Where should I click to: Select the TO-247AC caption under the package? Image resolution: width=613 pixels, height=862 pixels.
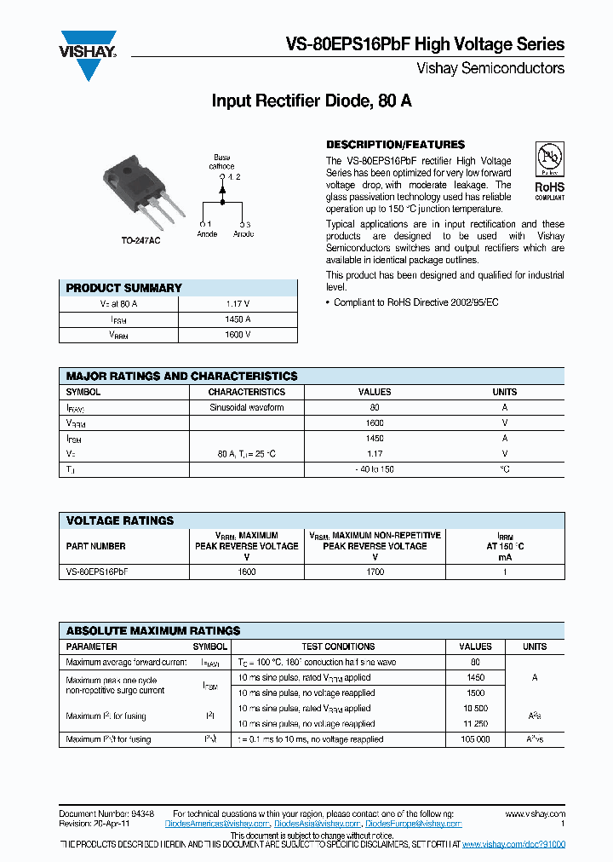[x=140, y=242]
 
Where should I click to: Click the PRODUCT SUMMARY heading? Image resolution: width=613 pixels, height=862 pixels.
[x=124, y=288]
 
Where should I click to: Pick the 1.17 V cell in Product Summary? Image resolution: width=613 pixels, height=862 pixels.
[x=238, y=303]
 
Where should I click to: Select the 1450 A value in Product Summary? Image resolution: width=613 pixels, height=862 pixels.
[x=238, y=319]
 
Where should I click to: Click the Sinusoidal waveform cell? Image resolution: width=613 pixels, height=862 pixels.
[x=247, y=408]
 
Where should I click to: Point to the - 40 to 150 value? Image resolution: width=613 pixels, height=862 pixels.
[x=375, y=469]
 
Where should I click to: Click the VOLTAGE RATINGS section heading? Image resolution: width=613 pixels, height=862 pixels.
[x=120, y=520]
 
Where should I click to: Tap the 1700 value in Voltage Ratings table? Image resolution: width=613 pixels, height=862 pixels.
[x=375, y=572]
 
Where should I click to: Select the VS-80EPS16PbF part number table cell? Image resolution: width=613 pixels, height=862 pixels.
[x=97, y=572]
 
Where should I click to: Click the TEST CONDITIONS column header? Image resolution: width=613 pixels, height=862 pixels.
[x=338, y=646]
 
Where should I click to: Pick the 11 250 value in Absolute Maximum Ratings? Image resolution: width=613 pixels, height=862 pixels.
[x=475, y=724]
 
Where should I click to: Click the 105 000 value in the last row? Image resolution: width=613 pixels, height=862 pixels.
[x=475, y=739]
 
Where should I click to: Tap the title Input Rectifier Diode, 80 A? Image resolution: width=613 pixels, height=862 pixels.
[x=312, y=101]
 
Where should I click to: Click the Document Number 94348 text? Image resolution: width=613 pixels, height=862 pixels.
[x=106, y=814]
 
